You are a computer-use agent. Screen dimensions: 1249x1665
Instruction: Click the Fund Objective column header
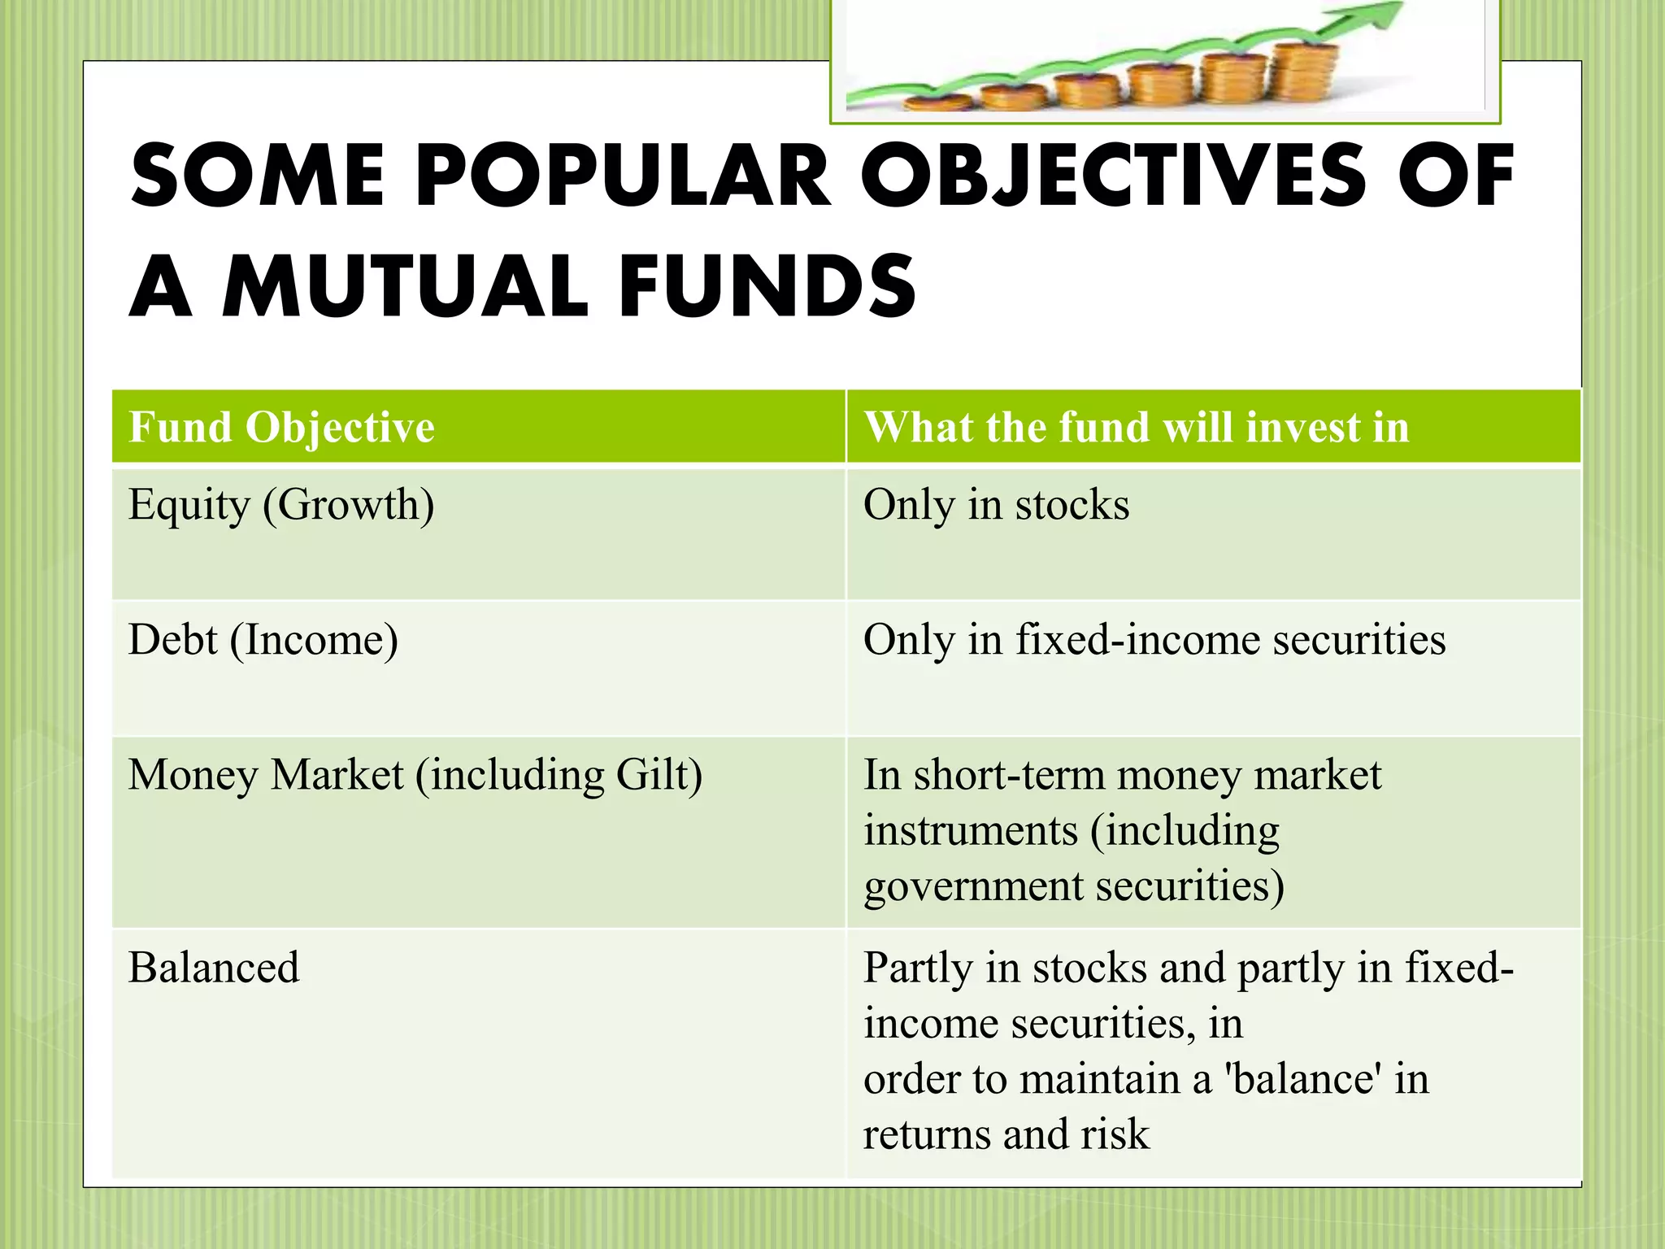point(281,428)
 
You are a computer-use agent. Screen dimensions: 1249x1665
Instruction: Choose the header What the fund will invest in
point(1136,428)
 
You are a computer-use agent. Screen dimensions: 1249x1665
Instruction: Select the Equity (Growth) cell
point(281,505)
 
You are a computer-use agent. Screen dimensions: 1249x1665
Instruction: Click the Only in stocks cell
point(996,505)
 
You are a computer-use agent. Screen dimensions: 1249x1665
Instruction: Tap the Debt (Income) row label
point(263,640)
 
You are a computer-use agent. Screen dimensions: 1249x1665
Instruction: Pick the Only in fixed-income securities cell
point(1154,640)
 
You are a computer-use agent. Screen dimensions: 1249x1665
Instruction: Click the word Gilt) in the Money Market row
point(659,775)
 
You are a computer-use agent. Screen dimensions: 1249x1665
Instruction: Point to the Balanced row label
point(214,968)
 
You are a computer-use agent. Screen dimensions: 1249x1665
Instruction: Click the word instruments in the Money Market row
point(970,831)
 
